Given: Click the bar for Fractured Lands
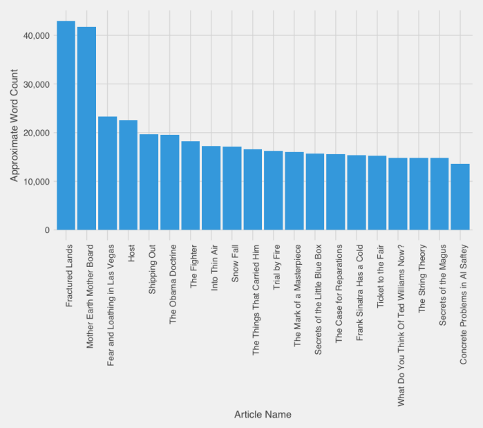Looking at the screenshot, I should click(66, 125).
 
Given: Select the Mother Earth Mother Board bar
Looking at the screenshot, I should click(86, 129).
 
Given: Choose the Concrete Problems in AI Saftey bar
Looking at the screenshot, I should click(460, 197).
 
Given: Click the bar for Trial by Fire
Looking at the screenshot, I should click(273, 190).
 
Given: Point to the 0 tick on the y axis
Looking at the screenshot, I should click(46, 230).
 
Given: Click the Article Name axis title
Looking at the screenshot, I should click(263, 415).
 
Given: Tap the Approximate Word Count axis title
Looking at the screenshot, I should click(14, 131).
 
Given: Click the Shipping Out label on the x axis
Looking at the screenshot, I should click(153, 268).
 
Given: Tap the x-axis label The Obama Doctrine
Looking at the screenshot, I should click(173, 283).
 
